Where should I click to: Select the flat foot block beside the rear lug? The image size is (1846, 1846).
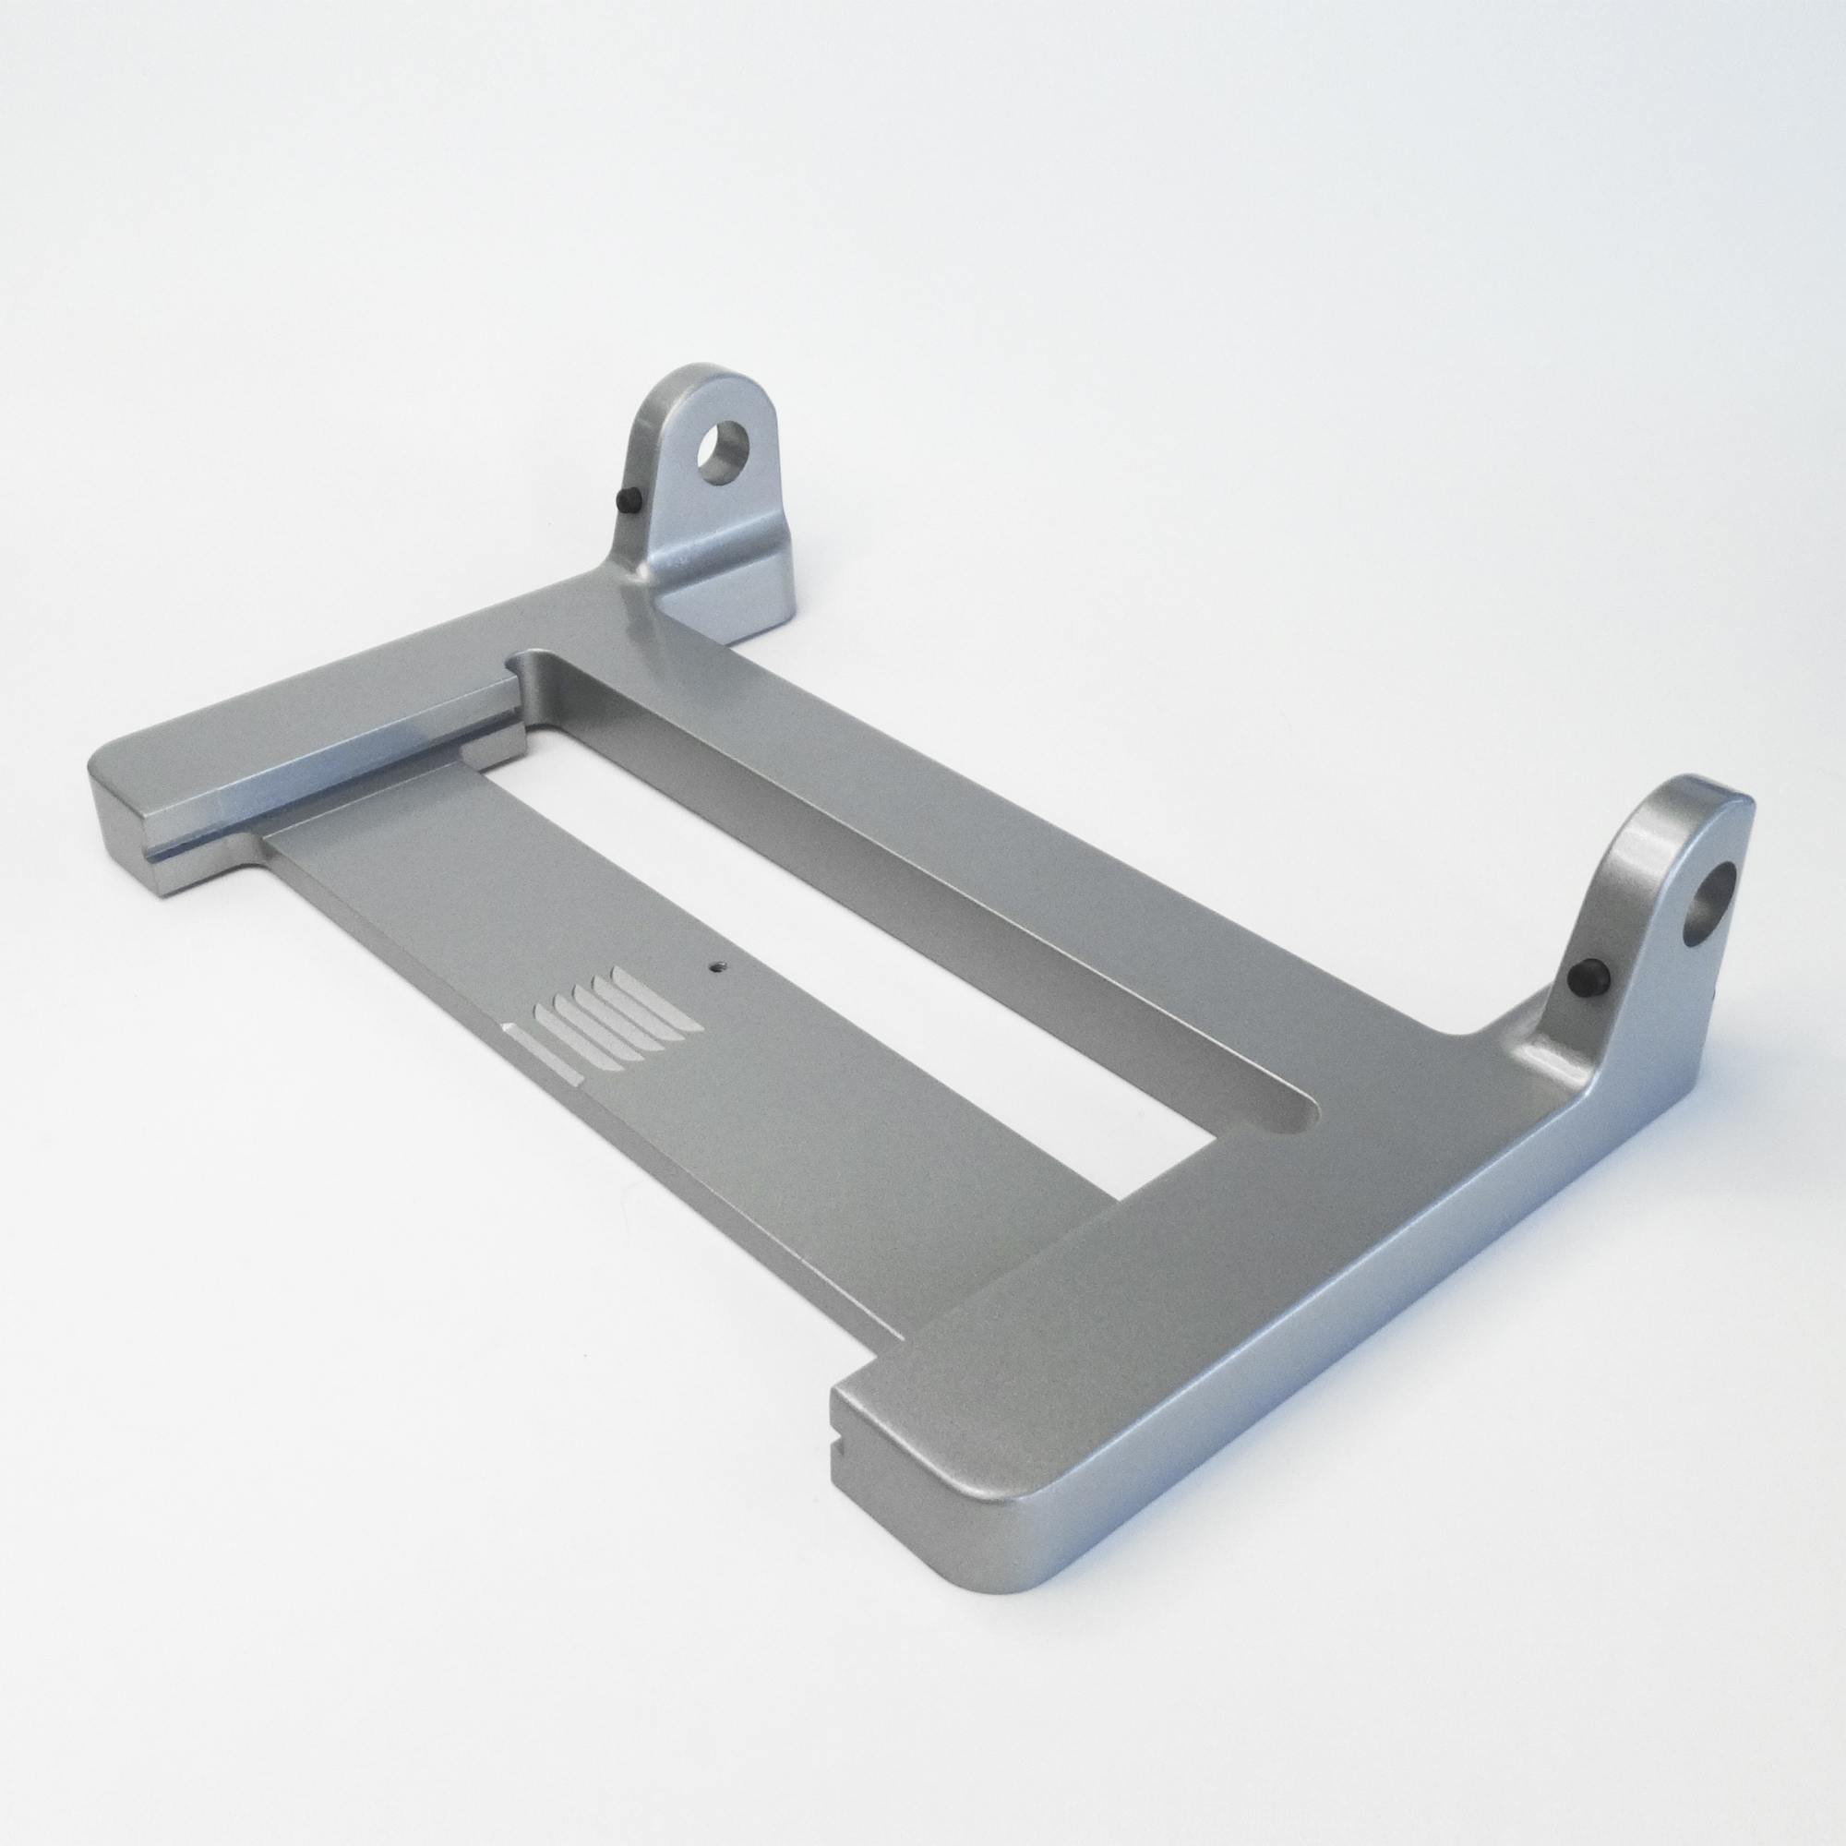[740, 582]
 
